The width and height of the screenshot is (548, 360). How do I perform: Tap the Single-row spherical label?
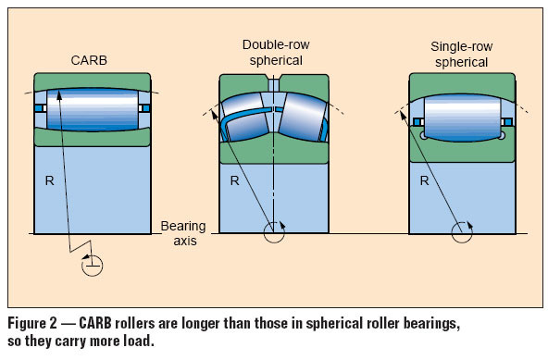(x=460, y=52)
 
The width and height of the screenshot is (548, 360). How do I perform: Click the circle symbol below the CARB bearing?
(x=92, y=267)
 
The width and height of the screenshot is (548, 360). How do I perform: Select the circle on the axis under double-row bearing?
(x=275, y=231)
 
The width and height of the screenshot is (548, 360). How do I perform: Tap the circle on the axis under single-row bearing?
(x=461, y=231)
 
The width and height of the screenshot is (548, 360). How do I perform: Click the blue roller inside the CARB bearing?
(x=92, y=109)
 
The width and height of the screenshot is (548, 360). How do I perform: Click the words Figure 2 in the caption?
(x=35, y=324)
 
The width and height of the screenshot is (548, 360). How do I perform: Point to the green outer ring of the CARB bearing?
(x=92, y=79)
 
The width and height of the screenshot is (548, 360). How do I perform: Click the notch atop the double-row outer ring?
(x=275, y=81)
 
